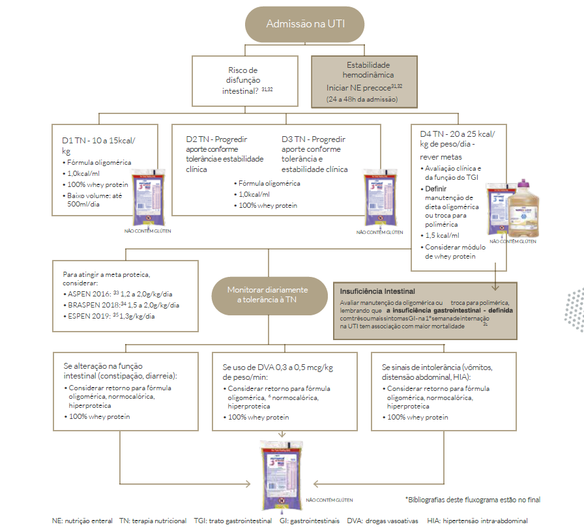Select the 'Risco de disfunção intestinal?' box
(244, 81)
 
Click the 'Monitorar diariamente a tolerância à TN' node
(267, 294)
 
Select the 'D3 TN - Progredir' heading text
(314, 139)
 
